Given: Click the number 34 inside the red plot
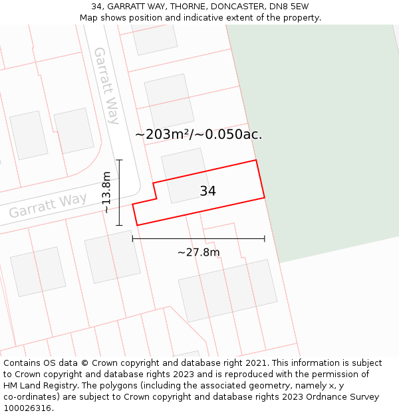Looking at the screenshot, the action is click(x=207, y=191).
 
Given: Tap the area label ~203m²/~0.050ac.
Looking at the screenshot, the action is click(x=198, y=135).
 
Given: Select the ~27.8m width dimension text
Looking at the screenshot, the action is click(x=198, y=252).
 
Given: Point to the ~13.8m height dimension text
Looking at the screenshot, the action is click(x=106, y=193).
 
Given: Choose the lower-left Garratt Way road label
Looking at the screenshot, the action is click(x=48, y=206).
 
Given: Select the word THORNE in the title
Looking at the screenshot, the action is click(x=170, y=7).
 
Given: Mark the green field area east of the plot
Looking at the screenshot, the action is click(x=326, y=133).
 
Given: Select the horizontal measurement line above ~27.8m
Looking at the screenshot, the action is click(x=198, y=238).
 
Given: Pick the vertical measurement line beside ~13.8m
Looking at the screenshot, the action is click(x=120, y=193).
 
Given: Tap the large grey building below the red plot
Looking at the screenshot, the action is click(x=227, y=290).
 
